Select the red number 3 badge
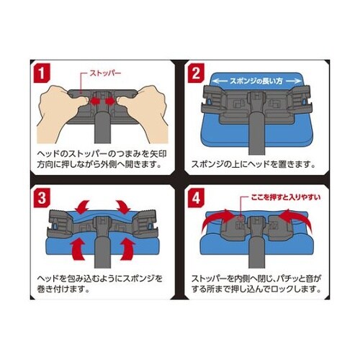[42, 195]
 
